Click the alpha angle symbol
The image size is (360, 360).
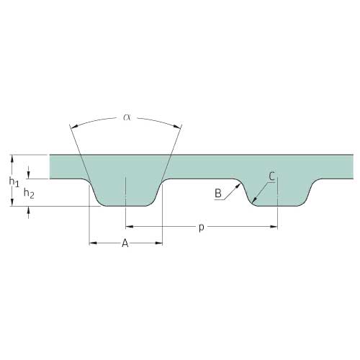pyautogui.click(x=127, y=117)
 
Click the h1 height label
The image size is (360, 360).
pyautogui.click(x=14, y=181)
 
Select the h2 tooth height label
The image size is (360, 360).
pyautogui.click(x=29, y=193)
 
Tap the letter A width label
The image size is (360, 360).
pyautogui.click(x=125, y=243)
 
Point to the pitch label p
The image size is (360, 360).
pyautogui.click(x=202, y=228)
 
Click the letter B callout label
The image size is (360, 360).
pyautogui.click(x=218, y=193)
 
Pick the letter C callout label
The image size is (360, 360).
pyautogui.click(x=271, y=176)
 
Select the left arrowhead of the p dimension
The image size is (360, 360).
pyautogui.click(x=130, y=226)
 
